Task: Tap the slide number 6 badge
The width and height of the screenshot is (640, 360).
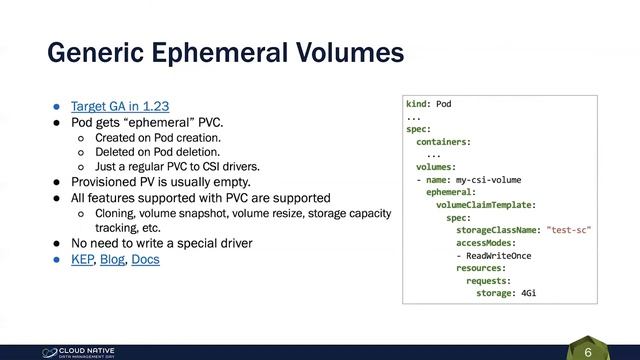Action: tap(588, 352)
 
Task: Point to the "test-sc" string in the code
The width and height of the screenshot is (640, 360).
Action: tap(569, 230)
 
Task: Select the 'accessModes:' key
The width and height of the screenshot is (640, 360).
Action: tap(486, 243)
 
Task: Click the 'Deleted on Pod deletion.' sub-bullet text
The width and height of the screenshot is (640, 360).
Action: tap(158, 151)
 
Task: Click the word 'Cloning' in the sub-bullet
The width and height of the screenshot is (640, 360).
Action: tap(117, 213)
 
